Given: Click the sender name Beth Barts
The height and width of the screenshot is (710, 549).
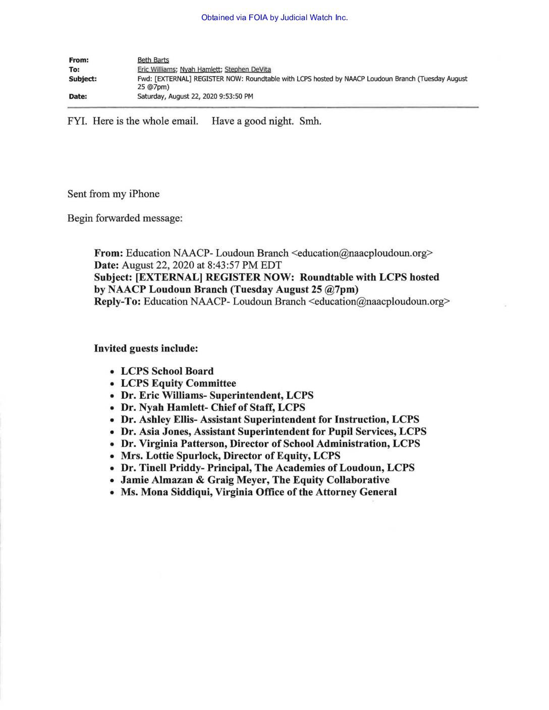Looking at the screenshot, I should (153, 60).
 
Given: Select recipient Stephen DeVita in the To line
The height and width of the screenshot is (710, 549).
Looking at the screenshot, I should (247, 70).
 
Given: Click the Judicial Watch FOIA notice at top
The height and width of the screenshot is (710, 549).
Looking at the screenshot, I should (274, 18).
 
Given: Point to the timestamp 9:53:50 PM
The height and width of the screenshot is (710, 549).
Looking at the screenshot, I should (236, 96).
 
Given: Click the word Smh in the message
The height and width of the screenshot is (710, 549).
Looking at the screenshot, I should (310, 121).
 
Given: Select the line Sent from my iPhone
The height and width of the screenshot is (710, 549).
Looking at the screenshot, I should (113, 194).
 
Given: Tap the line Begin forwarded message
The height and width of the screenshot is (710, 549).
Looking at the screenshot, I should (125, 218).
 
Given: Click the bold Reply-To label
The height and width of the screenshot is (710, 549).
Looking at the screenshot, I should (117, 302).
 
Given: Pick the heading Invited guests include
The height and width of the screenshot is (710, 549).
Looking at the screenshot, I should (146, 348).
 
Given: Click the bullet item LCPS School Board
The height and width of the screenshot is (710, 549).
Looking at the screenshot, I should (167, 371).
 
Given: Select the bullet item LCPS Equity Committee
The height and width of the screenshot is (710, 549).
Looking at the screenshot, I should (178, 383).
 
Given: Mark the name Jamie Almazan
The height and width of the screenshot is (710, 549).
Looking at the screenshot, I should (156, 480).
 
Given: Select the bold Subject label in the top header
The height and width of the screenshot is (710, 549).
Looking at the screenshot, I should (83, 79).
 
